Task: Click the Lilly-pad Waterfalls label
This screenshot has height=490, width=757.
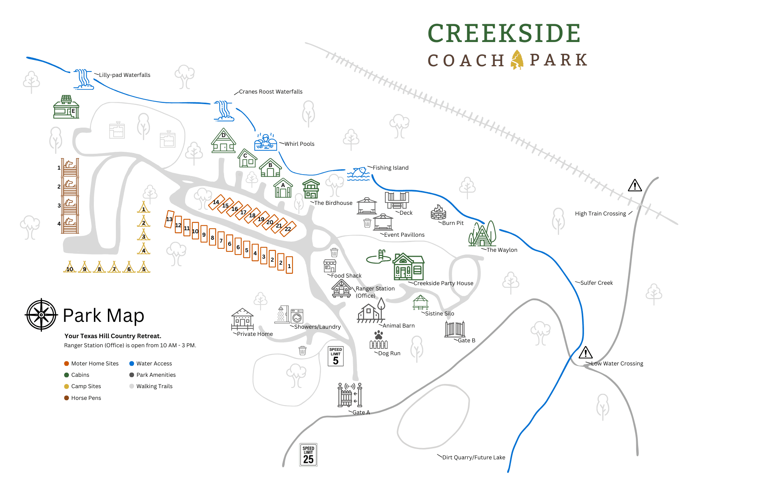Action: coord(125,75)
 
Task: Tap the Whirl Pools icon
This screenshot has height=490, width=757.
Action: coord(266,142)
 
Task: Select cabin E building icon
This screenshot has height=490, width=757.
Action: coord(66,107)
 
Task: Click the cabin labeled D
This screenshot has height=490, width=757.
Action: coord(224,141)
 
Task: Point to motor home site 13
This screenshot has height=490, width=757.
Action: coord(169,219)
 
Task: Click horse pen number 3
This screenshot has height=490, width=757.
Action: coord(70,205)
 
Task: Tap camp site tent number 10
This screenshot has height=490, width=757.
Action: coord(70,267)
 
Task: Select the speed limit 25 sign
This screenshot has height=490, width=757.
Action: coord(308,455)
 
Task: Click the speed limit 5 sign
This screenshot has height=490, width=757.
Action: coord(336,356)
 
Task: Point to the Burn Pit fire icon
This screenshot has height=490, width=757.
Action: coord(438,212)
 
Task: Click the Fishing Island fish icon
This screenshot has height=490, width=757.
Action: coord(358,173)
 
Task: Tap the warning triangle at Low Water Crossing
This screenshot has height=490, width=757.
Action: coord(586,353)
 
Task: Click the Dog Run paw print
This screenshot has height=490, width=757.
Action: coord(378,335)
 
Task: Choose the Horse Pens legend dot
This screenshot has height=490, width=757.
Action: coord(67,398)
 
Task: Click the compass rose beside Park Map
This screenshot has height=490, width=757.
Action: coord(41,315)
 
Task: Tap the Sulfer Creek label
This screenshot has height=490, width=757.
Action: coord(596,283)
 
